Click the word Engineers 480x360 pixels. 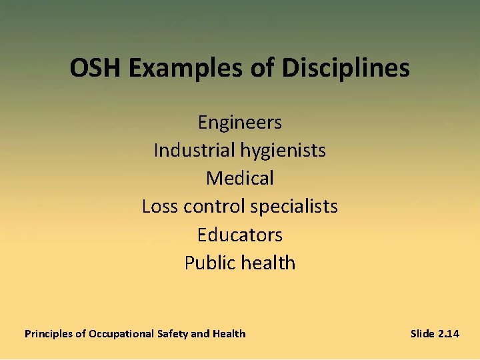coord(240,123)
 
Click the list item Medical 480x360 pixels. coord(240,179)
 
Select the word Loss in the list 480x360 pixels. coord(160,207)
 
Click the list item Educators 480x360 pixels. coord(240,235)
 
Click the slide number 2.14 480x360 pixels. coord(449,334)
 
